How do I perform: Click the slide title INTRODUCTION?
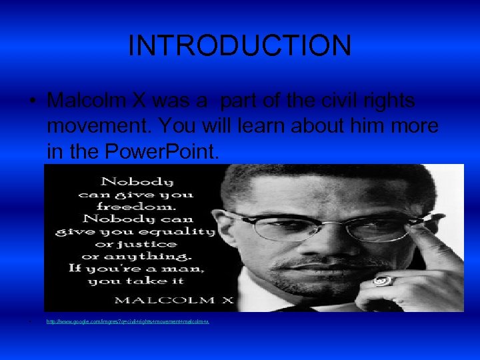(x=239, y=45)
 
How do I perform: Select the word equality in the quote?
(x=185, y=231)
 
